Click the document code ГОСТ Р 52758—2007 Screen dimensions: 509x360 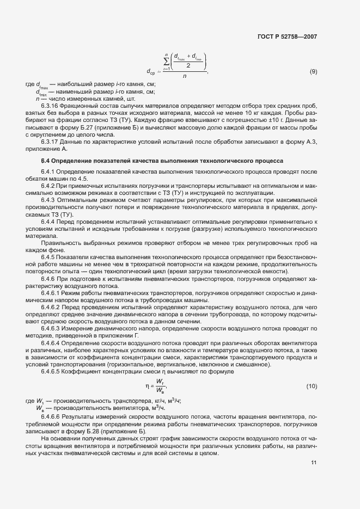click(288, 37)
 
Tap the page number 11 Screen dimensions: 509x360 click(314, 463)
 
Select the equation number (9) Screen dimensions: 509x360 click(313, 72)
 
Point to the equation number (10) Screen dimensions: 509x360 click(312, 386)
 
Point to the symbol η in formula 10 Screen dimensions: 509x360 click(147, 386)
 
